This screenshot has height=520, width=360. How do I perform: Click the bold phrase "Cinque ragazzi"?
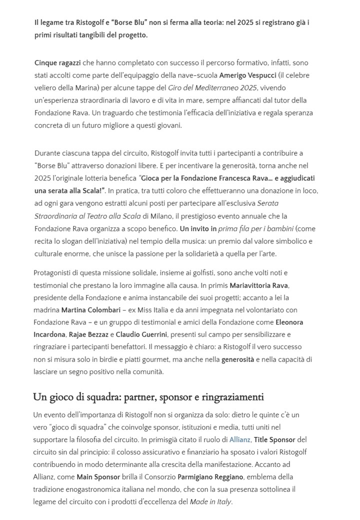[57, 63]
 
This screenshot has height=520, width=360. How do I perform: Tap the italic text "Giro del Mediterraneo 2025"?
[219, 88]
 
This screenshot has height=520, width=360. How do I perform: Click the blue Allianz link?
[239, 440]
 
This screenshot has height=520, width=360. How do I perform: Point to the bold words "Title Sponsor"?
[274, 440]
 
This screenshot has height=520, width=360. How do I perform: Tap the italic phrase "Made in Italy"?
[210, 501]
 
